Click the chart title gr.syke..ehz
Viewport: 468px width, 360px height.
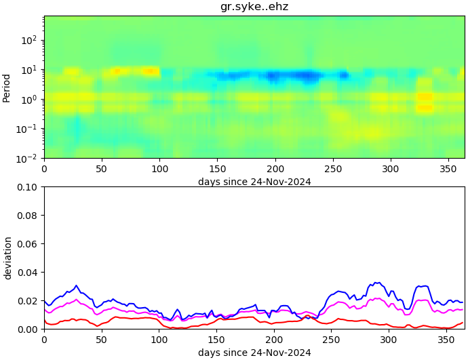pyautogui.click(x=254, y=7)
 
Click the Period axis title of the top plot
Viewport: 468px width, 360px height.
pyautogui.click(x=7, y=87)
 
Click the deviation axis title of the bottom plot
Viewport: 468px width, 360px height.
pyautogui.click(x=7, y=258)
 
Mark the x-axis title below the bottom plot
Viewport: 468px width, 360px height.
pyautogui.click(x=254, y=353)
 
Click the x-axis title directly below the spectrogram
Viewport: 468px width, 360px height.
pyautogui.click(x=254, y=182)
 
